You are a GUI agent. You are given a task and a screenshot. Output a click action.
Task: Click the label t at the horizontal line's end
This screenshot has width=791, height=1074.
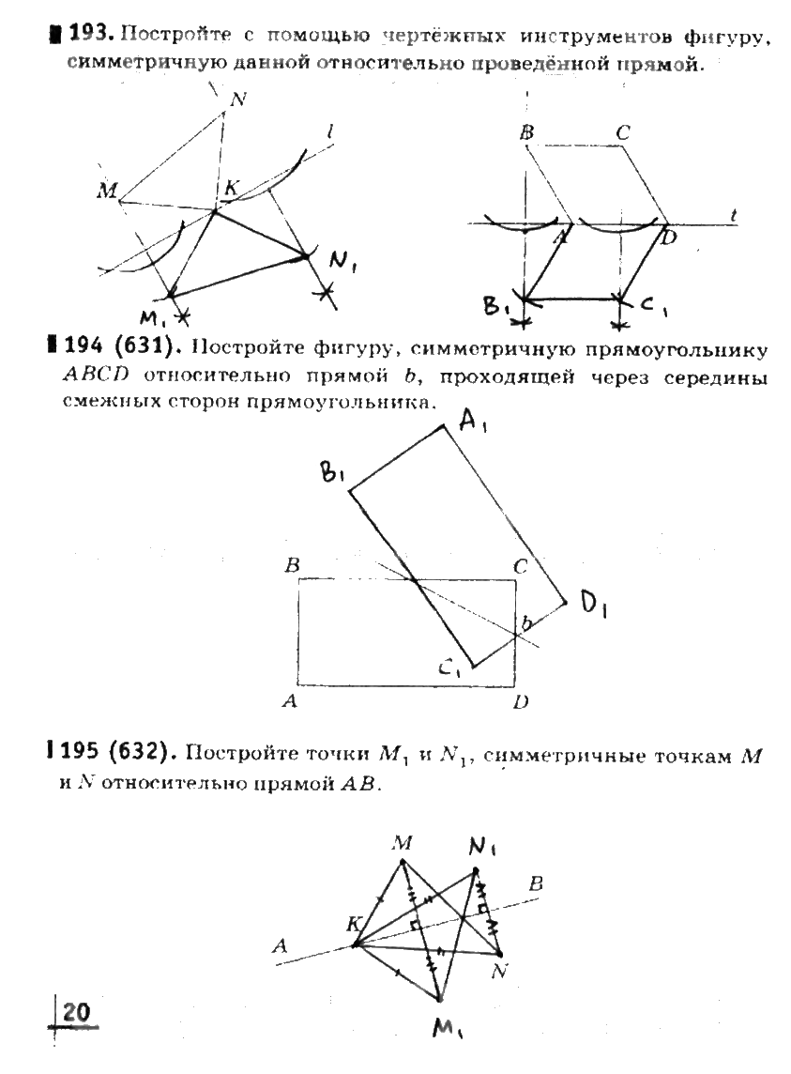[733, 215]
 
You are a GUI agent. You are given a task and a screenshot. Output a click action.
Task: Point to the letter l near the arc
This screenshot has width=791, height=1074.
[332, 135]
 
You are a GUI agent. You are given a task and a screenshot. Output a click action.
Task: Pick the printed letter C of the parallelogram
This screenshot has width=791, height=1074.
[622, 132]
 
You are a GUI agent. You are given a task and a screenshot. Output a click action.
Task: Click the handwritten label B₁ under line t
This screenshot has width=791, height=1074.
[498, 307]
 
